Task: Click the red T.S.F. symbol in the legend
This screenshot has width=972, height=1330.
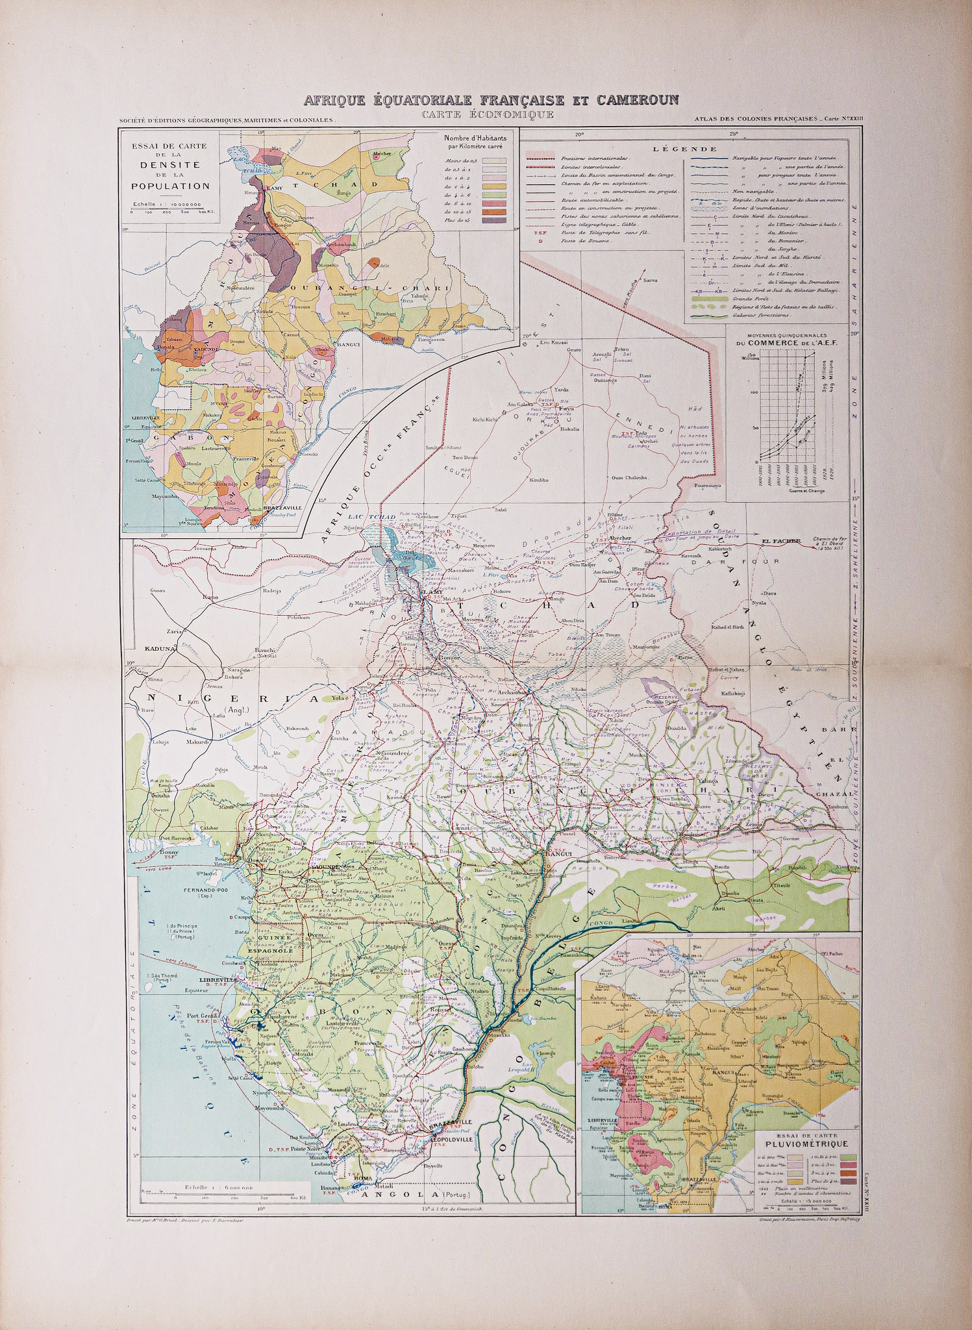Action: (537, 232)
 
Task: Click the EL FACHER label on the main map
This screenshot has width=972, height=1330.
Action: (780, 540)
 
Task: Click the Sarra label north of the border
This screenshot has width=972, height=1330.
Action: (650, 280)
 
